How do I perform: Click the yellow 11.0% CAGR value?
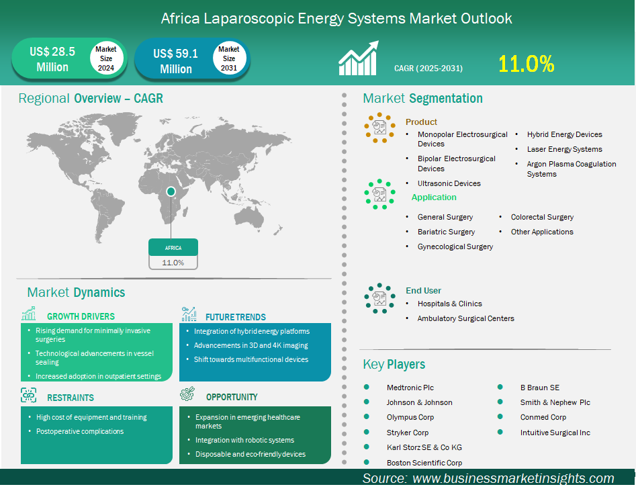(526, 64)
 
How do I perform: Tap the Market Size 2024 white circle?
(106, 58)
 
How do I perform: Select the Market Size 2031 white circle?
(229, 58)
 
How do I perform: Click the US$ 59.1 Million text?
(176, 61)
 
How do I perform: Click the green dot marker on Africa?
(171, 191)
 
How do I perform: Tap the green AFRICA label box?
(173, 247)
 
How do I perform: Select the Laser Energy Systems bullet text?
(564, 149)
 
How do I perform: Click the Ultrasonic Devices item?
(449, 183)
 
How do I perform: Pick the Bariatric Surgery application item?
(446, 232)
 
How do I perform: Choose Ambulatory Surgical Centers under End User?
(465, 318)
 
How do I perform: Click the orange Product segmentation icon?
(379, 128)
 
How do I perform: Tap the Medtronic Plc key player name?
(410, 388)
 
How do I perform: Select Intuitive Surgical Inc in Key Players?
(555, 433)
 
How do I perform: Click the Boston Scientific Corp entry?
(424, 463)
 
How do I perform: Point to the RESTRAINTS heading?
(70, 398)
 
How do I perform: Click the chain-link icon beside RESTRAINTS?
(29, 395)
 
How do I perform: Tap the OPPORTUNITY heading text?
(232, 397)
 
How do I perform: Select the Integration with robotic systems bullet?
(244, 440)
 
